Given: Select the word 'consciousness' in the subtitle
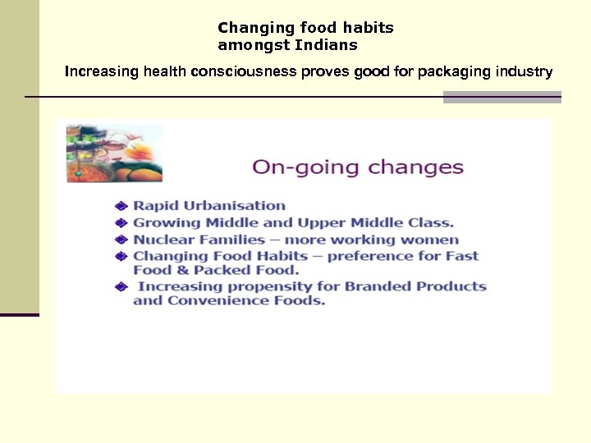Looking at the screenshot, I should tap(244, 72).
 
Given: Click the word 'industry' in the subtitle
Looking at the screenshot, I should tap(525, 72).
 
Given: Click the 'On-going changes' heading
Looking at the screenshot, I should tap(358, 167).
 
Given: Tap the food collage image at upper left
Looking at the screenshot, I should tap(114, 153).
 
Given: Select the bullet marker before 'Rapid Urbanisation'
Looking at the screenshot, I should tap(121, 206).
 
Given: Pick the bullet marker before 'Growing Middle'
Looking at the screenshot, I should tap(121, 223).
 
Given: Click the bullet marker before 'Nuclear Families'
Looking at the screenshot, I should tap(121, 240).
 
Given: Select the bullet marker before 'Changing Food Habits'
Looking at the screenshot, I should tap(121, 257).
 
